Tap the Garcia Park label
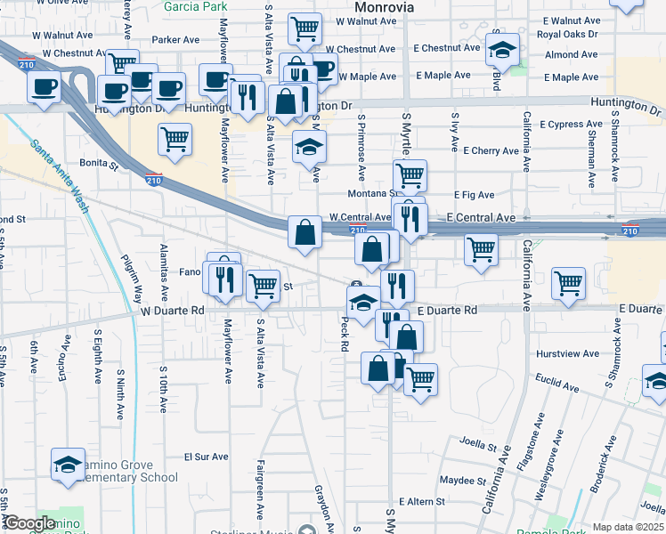pyautogui.click(x=197, y=6)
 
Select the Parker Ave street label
pyautogui.click(x=175, y=39)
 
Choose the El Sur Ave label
pyautogui.click(x=206, y=457)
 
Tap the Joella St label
pyautogui.click(x=477, y=441)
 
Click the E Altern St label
pyautogui.click(x=422, y=502)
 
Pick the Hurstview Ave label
pyautogui.click(x=566, y=353)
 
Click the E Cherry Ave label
pyautogui.click(x=484, y=151)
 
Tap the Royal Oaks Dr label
pyautogui.click(x=571, y=36)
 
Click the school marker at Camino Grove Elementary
pyautogui.click(x=68, y=464)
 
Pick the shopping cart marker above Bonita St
pyautogui.click(x=175, y=137)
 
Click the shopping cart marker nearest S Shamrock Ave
pyautogui.click(x=569, y=282)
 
